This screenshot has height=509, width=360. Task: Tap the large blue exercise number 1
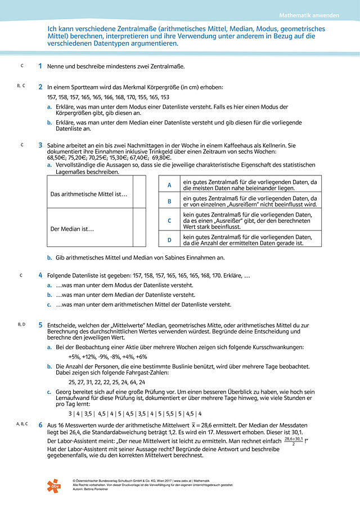tap(40, 66)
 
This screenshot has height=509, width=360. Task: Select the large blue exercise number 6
tap(40, 426)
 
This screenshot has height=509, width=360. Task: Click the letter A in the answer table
tap(169, 185)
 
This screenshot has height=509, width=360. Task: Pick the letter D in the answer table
tap(169, 240)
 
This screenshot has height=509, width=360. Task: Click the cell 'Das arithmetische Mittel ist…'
tap(89, 195)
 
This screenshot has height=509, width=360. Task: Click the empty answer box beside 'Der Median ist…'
tap(139, 229)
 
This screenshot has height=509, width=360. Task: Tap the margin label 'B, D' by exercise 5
tap(22, 325)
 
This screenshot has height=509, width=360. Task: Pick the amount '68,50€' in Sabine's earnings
tap(57, 159)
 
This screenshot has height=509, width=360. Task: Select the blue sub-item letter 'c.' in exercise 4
tap(50, 305)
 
